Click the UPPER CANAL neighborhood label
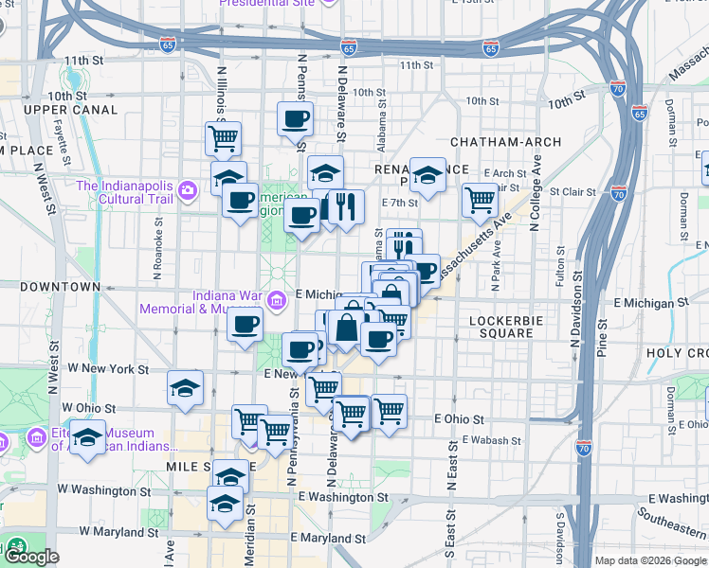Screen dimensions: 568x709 tap(71, 110)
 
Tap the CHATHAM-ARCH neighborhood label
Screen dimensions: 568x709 tap(500, 142)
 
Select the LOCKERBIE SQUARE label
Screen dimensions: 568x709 tap(511, 328)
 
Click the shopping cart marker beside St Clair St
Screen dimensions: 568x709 tap(481, 200)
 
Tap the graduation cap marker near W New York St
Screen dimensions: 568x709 tap(185, 387)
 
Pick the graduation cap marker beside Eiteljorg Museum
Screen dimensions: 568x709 tap(88, 439)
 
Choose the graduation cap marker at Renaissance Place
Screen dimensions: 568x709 tap(427, 175)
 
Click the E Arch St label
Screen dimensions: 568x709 tap(504, 173)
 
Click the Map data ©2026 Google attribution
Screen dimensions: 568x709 tap(650, 560)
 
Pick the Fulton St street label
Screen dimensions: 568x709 tap(560, 274)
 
